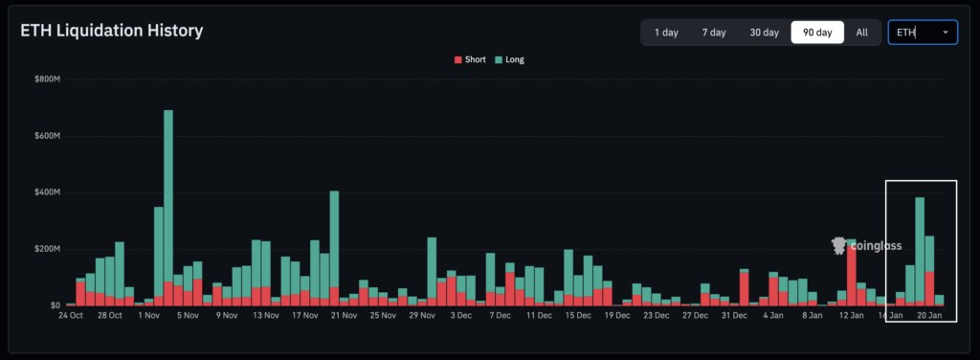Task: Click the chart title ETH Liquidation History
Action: coord(112,32)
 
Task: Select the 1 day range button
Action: coord(666,33)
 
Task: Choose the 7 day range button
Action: coord(713,33)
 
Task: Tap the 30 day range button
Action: coord(764,33)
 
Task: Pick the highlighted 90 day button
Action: coord(817,33)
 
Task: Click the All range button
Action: coord(861,33)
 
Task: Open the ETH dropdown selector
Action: coord(922,33)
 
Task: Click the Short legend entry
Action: coord(470,59)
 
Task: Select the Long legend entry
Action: coord(509,59)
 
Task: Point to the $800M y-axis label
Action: coord(47,79)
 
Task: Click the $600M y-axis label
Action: coord(47,136)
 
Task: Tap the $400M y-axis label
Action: coord(47,192)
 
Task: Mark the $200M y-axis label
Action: coord(47,249)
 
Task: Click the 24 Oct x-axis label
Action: coord(71,315)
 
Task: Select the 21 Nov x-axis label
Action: coord(343,315)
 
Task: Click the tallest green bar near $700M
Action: coord(168,191)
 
